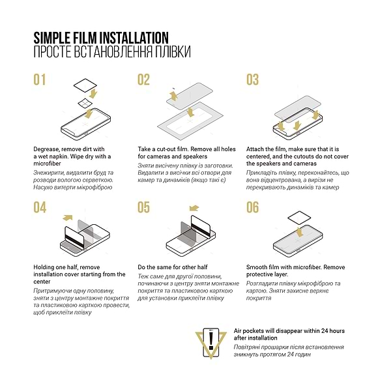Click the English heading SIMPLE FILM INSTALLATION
pyautogui.click(x=100, y=37)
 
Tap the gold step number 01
pyautogui.click(x=40, y=80)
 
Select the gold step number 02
pyautogui.click(x=143, y=80)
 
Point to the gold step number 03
pyautogui.click(x=252, y=80)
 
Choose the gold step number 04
pyautogui.click(x=40, y=208)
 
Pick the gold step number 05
pyautogui.click(x=143, y=208)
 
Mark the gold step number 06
pyautogui.click(x=252, y=208)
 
